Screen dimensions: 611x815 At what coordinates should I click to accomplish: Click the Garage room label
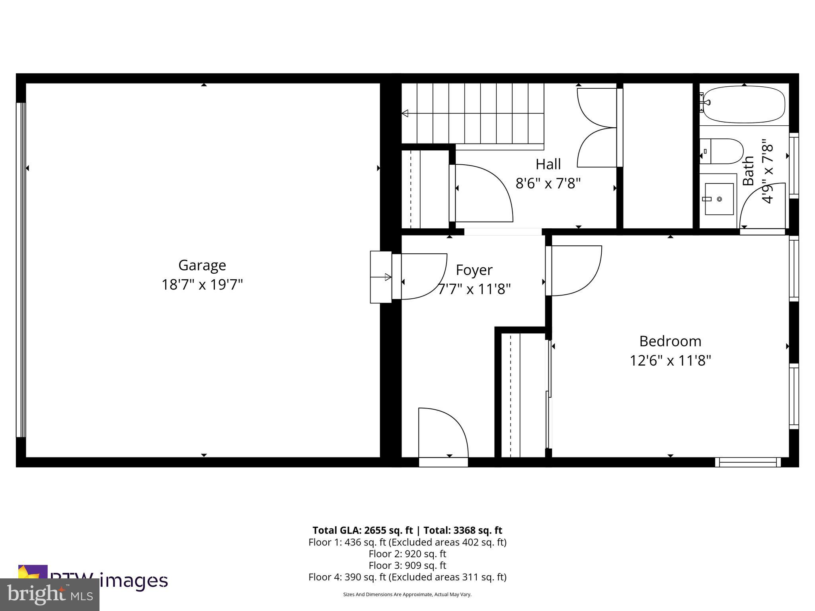(202, 265)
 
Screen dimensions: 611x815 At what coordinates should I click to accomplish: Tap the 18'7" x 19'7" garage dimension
(202, 285)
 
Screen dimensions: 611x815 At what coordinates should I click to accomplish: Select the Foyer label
(474, 270)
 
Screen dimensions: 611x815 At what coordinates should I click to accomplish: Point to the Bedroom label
(670, 341)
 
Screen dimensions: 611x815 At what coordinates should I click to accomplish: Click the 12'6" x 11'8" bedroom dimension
(670, 361)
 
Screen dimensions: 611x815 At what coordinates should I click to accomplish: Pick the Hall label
(548, 164)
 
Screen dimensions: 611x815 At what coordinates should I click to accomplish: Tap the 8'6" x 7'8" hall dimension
(548, 183)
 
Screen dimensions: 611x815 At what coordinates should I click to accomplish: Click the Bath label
(749, 171)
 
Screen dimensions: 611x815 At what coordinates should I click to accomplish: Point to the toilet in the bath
(721, 151)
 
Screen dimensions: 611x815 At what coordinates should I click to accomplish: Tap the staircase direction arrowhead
(405, 113)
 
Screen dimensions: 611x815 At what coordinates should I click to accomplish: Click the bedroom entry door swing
(575, 270)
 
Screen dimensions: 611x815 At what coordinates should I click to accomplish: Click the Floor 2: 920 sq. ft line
(407, 554)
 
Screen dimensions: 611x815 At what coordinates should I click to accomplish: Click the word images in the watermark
(133, 581)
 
